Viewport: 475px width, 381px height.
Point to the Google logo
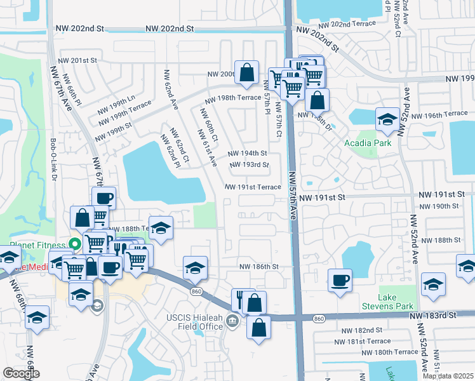click(21, 373)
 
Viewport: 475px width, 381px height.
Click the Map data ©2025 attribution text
click(448, 376)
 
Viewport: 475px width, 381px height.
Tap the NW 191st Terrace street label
click(253, 187)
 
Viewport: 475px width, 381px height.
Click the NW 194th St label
click(247, 154)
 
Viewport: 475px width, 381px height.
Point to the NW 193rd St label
click(249, 165)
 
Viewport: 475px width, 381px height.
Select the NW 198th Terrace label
click(232, 98)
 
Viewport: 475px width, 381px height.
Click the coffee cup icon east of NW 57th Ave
click(340, 279)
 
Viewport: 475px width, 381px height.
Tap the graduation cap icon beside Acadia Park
click(387, 119)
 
